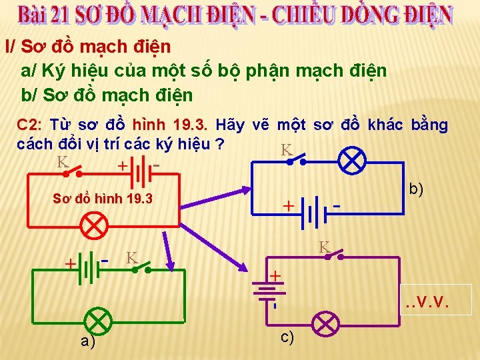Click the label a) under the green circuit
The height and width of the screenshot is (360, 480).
point(87,341)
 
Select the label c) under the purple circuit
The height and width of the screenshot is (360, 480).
point(287,337)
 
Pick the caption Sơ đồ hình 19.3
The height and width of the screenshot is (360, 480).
point(103,199)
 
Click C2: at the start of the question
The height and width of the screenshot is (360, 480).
point(31,125)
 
